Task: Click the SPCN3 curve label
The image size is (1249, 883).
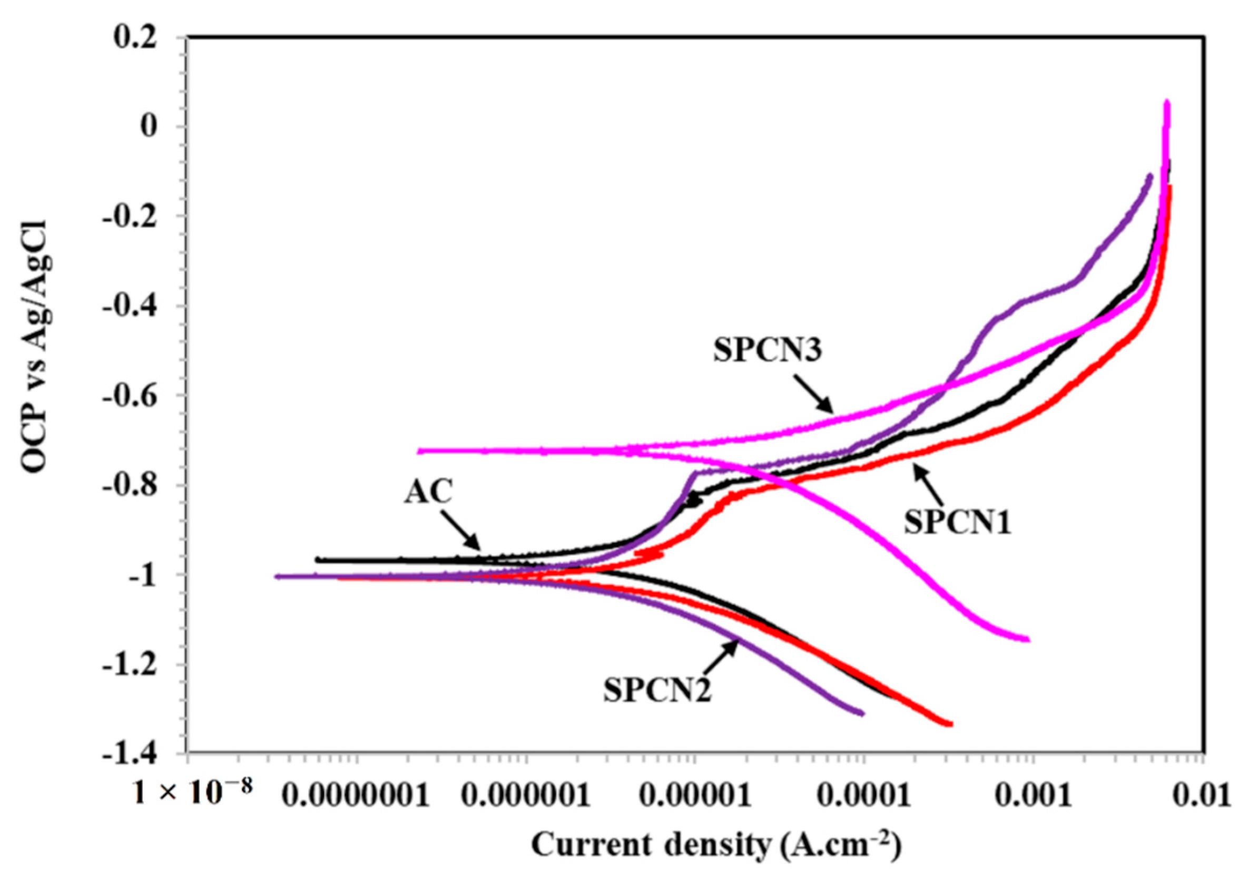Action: [x=768, y=351]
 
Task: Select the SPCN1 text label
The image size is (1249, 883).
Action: [x=957, y=523]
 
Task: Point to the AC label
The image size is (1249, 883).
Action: [x=429, y=493]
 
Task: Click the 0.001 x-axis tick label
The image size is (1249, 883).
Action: [x=1029, y=797]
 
